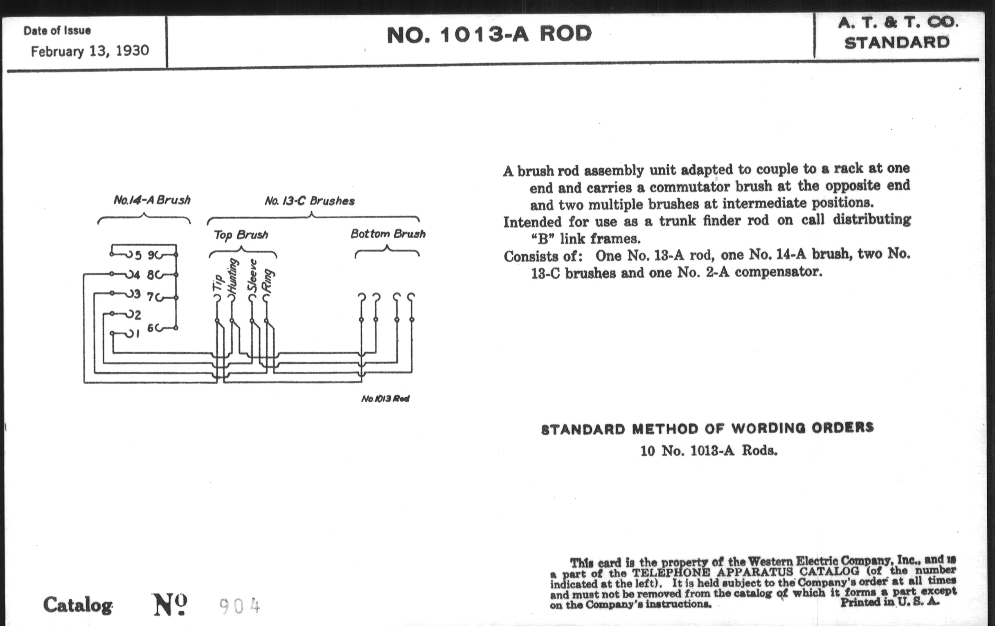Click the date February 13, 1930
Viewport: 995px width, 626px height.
pyautogui.click(x=90, y=51)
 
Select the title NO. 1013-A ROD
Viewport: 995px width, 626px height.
pyautogui.click(x=489, y=34)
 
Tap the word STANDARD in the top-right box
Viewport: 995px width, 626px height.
pyautogui.click(x=897, y=43)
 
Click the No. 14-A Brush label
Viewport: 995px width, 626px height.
pyautogui.click(x=152, y=200)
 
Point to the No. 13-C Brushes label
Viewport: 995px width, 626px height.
pyautogui.click(x=309, y=201)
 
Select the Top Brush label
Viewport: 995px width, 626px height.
pyautogui.click(x=241, y=235)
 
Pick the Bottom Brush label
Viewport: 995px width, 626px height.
pyautogui.click(x=387, y=234)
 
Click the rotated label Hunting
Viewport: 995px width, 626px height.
pyautogui.click(x=233, y=276)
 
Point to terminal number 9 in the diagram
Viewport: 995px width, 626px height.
pyautogui.click(x=151, y=255)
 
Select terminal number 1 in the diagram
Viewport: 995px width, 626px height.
pyautogui.click(x=137, y=334)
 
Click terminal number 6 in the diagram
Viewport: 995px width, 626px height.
pyautogui.click(x=151, y=328)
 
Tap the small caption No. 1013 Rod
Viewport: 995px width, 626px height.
pyautogui.click(x=385, y=399)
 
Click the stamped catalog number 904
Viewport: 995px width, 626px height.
pyautogui.click(x=239, y=606)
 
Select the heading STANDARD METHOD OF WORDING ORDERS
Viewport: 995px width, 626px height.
pyautogui.click(x=707, y=428)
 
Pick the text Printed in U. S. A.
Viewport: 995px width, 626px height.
pyautogui.click(x=889, y=601)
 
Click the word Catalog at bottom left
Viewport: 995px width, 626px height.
pyautogui.click(x=78, y=606)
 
